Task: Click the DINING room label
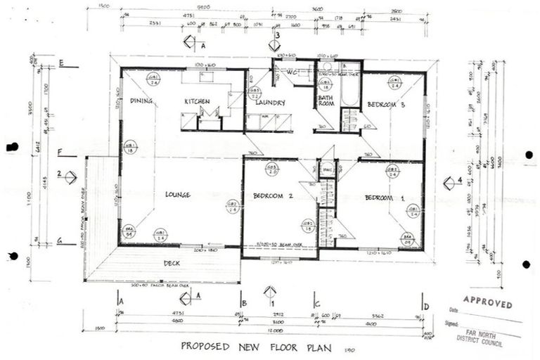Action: [x=141, y=101]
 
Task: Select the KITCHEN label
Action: [x=197, y=101]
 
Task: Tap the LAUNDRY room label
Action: [x=270, y=103]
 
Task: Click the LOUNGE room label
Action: [x=179, y=195]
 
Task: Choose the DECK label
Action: [x=172, y=264]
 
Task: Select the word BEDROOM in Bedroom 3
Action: [x=381, y=105]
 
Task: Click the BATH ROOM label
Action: [x=326, y=101]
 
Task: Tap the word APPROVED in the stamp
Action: [x=489, y=305]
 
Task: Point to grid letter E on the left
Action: [x=61, y=64]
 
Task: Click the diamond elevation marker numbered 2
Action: [x=70, y=176]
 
